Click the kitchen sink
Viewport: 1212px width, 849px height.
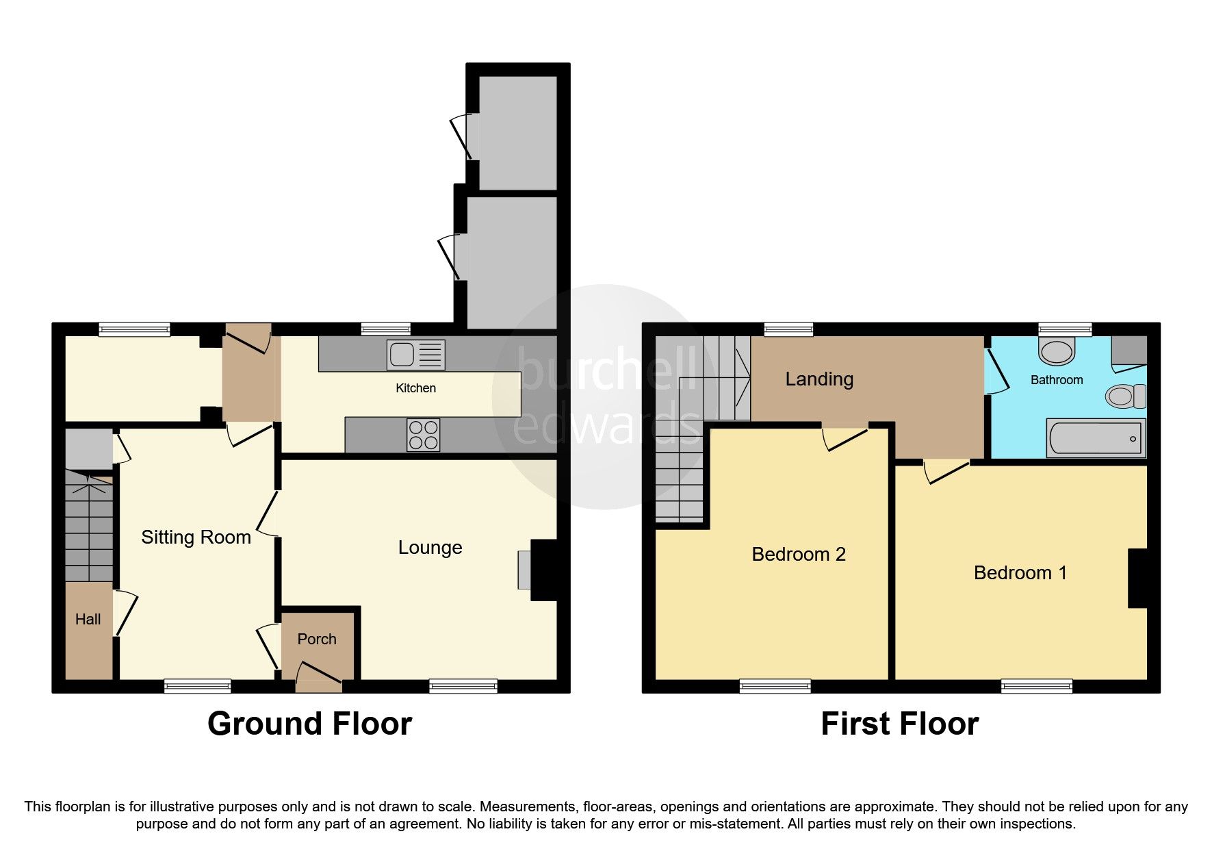(x=415, y=355)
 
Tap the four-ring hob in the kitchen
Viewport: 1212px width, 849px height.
(x=423, y=435)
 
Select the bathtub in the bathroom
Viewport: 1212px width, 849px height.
(x=1095, y=438)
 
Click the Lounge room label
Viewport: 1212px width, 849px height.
(x=430, y=548)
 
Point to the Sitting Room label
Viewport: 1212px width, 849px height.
(x=196, y=537)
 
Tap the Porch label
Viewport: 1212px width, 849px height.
(x=317, y=639)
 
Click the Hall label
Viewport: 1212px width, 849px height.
(x=88, y=620)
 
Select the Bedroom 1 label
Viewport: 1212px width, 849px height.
(x=1020, y=573)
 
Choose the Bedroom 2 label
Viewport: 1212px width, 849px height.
(x=798, y=555)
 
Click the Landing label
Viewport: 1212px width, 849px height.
(x=818, y=379)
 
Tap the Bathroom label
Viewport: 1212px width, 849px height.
(x=1056, y=380)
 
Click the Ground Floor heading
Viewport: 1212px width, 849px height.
(x=309, y=724)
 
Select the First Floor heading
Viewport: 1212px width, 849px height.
(x=899, y=724)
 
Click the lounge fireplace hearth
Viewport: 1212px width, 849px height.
(x=524, y=570)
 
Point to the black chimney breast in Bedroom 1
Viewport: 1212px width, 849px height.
(x=1137, y=578)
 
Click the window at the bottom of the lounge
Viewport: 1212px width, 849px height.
(x=463, y=685)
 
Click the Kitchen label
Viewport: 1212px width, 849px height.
(x=415, y=388)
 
